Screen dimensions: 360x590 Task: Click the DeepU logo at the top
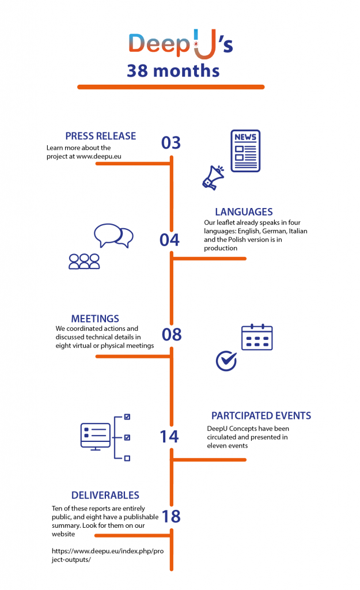(180, 44)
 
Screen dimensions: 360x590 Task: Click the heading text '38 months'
(173, 71)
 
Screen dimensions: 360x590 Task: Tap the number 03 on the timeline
(171, 143)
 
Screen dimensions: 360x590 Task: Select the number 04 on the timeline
(170, 240)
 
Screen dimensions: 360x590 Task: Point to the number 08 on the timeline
(172, 335)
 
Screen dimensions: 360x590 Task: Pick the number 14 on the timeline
(169, 437)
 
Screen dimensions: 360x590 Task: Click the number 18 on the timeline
(171, 516)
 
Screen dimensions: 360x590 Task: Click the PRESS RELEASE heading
(101, 136)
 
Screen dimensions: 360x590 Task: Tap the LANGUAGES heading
(244, 212)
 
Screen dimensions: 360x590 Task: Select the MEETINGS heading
(95, 319)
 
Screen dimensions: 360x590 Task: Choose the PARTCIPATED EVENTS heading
(261, 416)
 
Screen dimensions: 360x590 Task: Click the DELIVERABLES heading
(105, 495)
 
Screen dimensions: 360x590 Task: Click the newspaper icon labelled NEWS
(245, 151)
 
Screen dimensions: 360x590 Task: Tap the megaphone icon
(213, 177)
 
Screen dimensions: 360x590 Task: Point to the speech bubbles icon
(113, 236)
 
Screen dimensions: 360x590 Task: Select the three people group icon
(84, 262)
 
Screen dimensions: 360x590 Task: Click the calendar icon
(257, 337)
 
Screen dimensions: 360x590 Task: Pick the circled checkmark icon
(226, 361)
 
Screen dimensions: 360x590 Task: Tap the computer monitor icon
(96, 437)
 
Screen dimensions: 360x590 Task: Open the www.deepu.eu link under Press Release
(98, 156)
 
